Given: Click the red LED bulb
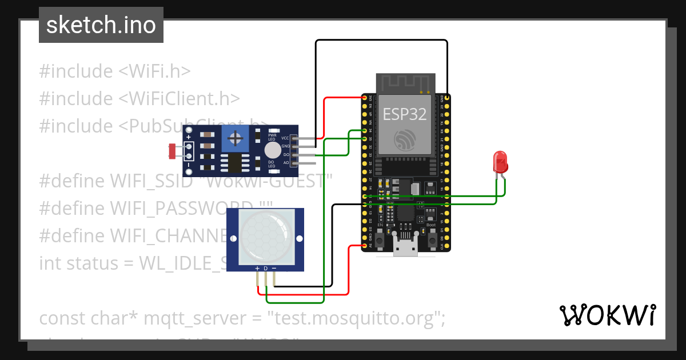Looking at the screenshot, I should tap(500, 162).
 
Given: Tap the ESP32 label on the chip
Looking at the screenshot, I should tap(405, 114).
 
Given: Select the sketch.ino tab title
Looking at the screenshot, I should tap(101, 25).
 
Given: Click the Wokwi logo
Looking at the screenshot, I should tap(607, 315).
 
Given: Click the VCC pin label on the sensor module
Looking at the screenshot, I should tap(285, 138).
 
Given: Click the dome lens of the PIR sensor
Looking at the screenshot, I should tap(265, 235).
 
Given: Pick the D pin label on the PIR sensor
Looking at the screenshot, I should tap(266, 268).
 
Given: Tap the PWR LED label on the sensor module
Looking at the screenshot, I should tap(272, 137).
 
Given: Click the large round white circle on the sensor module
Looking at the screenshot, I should tap(273, 151).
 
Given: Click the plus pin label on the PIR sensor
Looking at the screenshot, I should tap(257, 268).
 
